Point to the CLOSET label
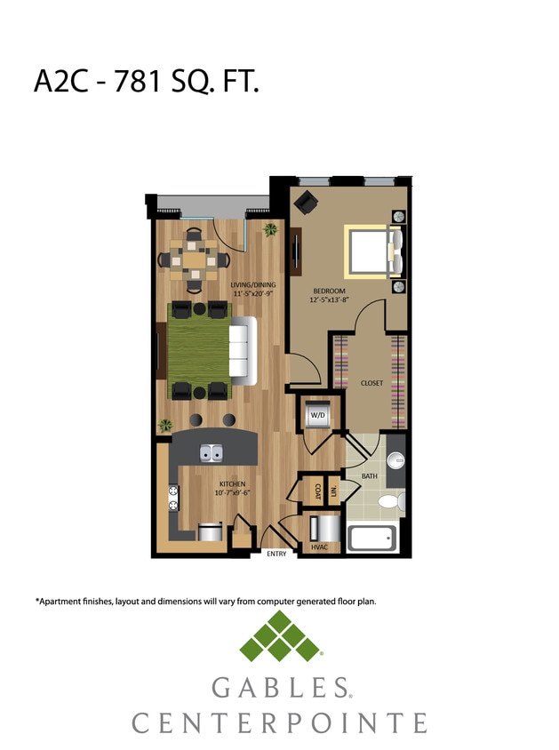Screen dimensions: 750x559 tap(371, 383)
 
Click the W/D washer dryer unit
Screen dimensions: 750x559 tap(317, 415)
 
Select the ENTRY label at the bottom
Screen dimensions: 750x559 tap(277, 555)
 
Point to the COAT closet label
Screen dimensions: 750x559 tap(316, 490)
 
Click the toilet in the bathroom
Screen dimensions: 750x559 tap(391, 502)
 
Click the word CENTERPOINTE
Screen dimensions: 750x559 tap(279, 722)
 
